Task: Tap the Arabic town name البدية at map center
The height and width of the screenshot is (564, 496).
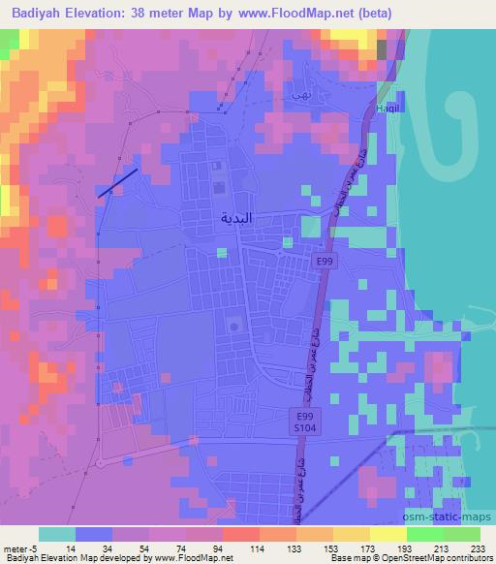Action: pyautogui.click(x=235, y=218)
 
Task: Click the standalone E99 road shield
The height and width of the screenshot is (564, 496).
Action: pyautogui.click(x=324, y=261)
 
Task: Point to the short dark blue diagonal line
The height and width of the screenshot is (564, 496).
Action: pyautogui.click(x=117, y=183)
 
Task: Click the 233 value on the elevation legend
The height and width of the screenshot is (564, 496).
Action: pyautogui.click(x=477, y=548)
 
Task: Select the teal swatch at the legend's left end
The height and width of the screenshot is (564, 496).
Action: pyautogui.click(x=57, y=534)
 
